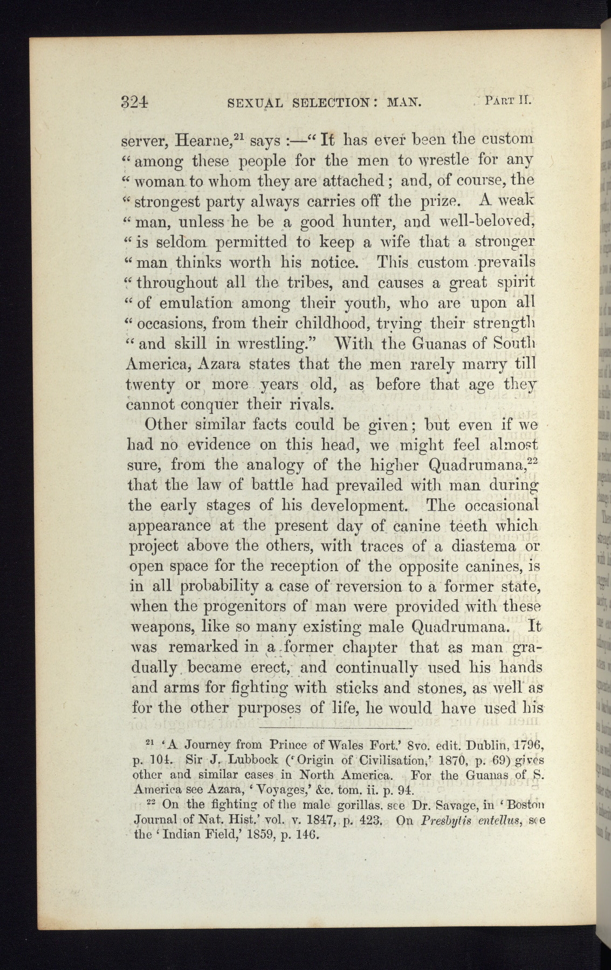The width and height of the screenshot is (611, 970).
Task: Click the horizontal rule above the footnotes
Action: click(x=335, y=729)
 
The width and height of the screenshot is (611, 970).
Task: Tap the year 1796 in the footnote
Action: click(x=519, y=746)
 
